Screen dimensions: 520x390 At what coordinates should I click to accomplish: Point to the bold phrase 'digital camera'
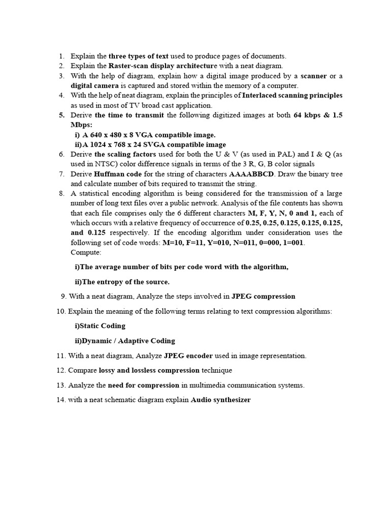94,86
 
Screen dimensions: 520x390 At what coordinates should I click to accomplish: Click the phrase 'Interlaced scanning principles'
292,95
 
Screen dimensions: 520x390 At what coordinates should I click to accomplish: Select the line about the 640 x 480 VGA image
145,135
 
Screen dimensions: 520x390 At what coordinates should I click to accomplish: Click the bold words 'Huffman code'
117,174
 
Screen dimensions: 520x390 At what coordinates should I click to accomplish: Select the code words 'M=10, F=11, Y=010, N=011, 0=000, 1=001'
233,243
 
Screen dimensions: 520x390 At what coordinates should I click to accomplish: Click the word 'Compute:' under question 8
86,252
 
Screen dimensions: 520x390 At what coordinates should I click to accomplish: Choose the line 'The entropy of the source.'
122,281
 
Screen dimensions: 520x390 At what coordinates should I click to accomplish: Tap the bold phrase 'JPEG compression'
263,296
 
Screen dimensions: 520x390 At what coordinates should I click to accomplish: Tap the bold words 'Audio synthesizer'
221,400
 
